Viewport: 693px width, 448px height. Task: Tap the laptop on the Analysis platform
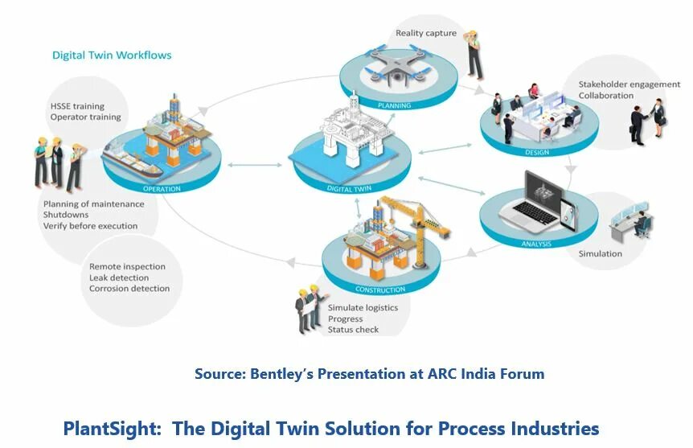[540, 201]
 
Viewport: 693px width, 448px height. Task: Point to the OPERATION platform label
[162, 189]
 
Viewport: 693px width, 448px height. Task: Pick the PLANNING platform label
[394, 105]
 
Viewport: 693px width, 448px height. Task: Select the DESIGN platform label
[536, 150]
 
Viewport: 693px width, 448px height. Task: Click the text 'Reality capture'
[425, 33]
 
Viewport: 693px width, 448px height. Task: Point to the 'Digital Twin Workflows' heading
[112, 55]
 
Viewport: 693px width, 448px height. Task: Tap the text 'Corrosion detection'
[129, 289]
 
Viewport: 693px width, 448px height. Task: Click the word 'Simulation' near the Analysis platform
[600, 253]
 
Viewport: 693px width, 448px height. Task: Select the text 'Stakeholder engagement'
[629, 84]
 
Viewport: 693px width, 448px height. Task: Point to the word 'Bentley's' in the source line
[289, 374]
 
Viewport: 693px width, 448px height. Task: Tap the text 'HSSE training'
[77, 106]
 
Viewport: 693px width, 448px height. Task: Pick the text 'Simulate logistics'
[363, 308]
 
